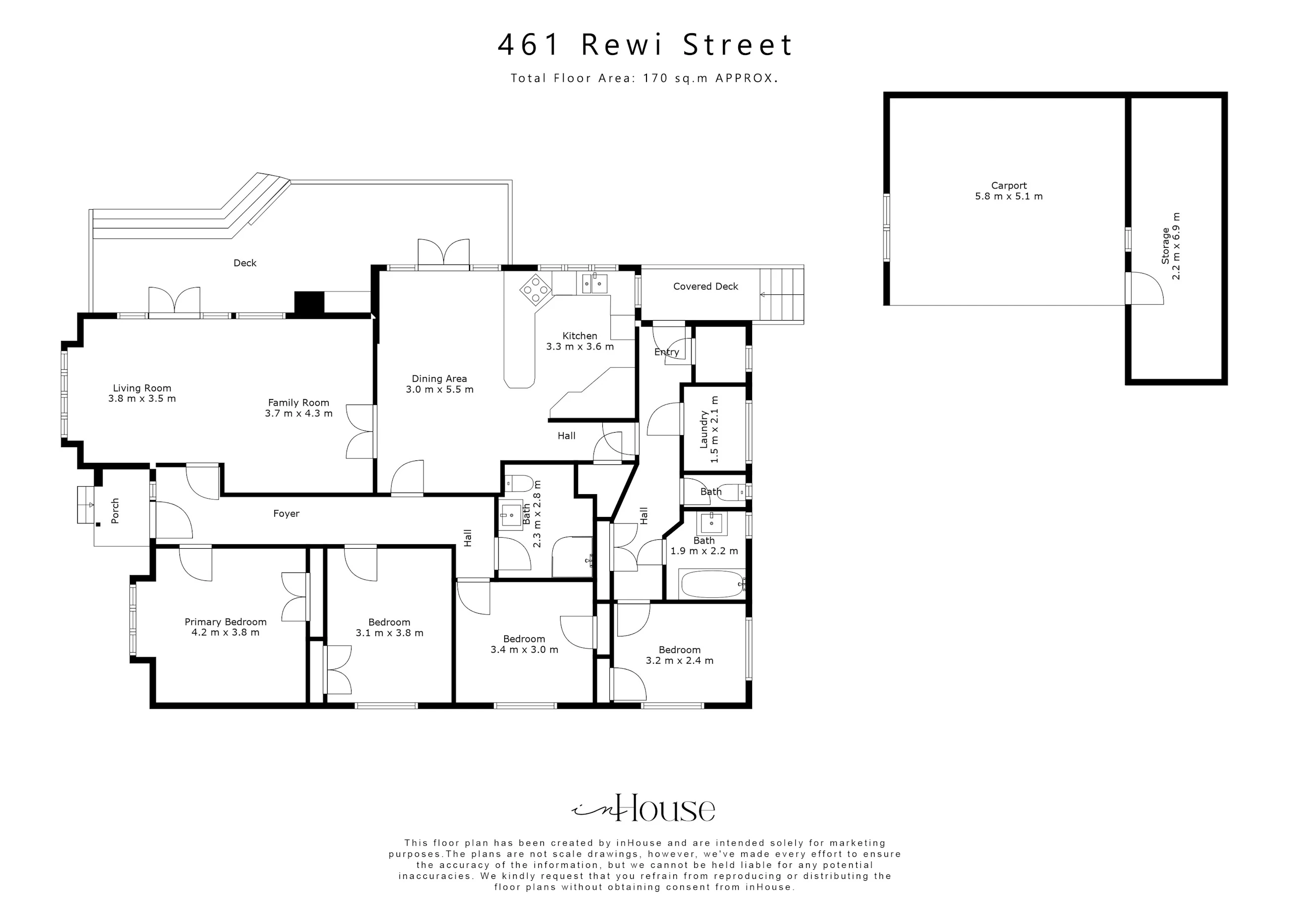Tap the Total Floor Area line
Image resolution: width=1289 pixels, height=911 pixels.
point(644,78)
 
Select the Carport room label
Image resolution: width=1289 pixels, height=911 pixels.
point(1008,185)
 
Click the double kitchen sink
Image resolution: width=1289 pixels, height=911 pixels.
point(594,284)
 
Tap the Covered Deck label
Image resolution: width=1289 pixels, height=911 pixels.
point(705,286)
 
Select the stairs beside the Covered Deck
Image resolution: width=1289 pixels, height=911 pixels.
point(782,295)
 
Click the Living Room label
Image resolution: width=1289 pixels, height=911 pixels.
point(142,388)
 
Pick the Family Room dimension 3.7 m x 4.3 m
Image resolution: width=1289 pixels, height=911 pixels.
point(298,413)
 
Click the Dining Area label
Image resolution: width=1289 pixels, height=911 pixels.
point(439,379)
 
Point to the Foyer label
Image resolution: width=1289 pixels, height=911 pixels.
point(287,513)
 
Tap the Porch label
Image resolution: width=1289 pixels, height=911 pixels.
point(115,511)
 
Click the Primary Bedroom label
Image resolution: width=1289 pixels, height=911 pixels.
point(226,622)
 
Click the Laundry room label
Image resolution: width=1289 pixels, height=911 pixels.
point(703,429)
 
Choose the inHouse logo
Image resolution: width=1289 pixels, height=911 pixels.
point(644,808)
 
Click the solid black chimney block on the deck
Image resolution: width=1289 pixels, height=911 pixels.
point(309,303)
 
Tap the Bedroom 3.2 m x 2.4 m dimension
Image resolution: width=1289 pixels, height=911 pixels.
point(679,661)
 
